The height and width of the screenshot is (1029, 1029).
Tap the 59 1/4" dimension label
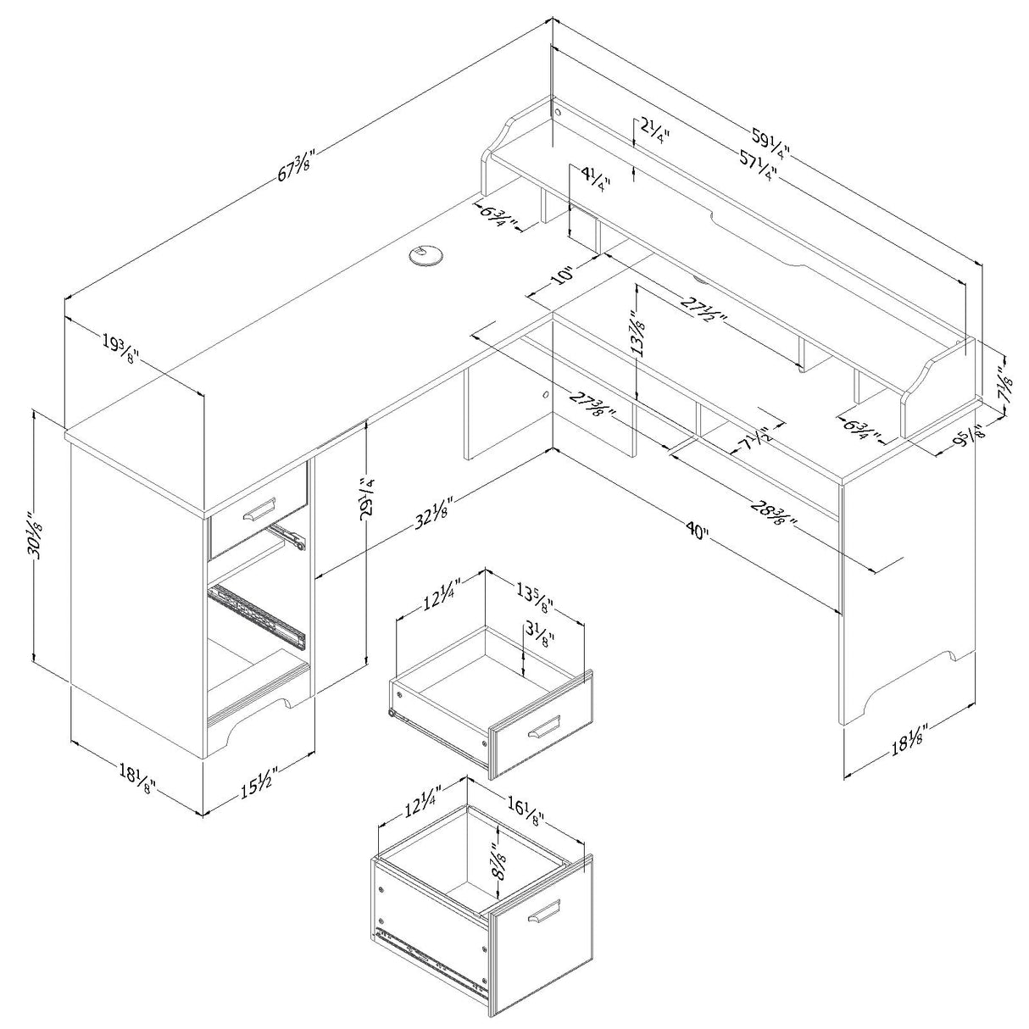(x=770, y=141)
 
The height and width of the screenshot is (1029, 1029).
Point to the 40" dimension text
(x=697, y=531)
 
